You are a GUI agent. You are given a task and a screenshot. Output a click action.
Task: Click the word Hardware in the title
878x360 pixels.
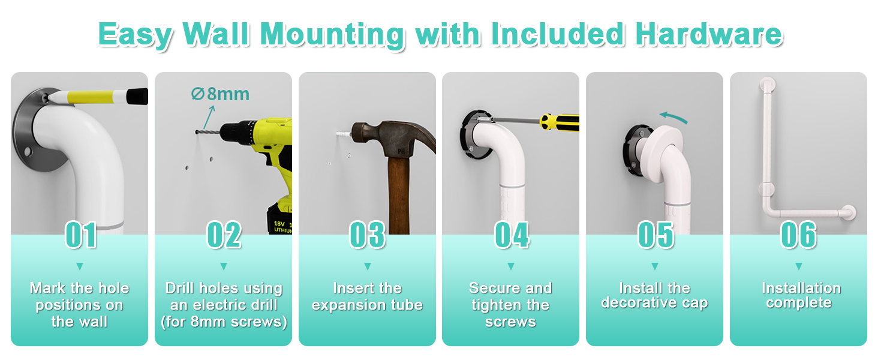click(709, 34)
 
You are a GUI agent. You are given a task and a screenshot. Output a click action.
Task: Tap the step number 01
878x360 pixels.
click(81, 235)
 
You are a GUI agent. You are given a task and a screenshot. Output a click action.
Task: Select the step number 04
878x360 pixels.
click(512, 235)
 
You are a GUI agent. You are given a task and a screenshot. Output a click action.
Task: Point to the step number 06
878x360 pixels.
click(798, 235)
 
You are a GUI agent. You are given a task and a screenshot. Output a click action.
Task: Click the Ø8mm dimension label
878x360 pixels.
click(220, 94)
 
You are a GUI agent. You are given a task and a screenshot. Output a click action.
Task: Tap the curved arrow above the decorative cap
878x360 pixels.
click(673, 117)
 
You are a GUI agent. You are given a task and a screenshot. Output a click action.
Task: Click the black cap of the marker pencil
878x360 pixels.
click(137, 97)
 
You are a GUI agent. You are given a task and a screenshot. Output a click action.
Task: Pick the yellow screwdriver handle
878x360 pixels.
click(560, 122)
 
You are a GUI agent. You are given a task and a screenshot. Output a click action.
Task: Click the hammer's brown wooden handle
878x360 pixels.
click(399, 195)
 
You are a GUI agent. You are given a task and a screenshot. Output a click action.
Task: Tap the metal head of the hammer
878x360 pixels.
click(392, 138)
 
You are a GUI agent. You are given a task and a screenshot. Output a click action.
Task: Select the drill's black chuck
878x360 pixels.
click(236, 132)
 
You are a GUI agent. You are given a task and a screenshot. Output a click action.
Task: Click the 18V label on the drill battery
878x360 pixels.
click(279, 224)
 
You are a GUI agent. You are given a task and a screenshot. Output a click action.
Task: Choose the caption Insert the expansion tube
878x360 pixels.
click(367, 296)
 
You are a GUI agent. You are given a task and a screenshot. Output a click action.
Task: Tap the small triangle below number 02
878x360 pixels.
click(224, 266)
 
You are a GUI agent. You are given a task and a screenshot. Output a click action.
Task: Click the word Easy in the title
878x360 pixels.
click(135, 35)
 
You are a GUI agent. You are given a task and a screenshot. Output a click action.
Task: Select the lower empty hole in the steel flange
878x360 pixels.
click(27, 151)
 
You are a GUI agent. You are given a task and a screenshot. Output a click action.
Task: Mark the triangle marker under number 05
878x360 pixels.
click(654, 266)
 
